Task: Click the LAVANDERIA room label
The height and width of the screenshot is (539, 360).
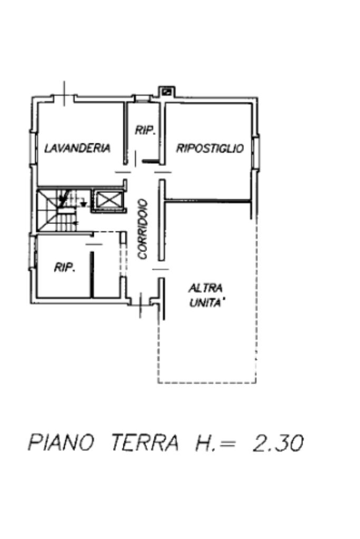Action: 77,148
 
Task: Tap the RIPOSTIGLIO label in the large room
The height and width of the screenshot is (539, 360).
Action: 210,148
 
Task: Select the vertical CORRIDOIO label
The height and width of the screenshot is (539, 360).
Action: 142,229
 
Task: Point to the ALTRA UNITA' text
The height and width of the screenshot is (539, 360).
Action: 206,296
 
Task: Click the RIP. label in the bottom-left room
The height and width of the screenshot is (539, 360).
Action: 65,268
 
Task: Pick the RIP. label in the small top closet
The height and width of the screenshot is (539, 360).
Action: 145,130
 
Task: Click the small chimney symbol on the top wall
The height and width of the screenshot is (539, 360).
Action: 167,91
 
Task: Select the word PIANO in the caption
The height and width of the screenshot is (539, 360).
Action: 61,443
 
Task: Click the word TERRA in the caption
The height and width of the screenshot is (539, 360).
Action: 144,443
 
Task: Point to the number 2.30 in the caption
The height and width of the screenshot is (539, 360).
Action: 278,443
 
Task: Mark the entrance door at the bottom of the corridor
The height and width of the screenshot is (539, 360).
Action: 141,305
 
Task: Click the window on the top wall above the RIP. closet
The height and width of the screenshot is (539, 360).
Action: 142,98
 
